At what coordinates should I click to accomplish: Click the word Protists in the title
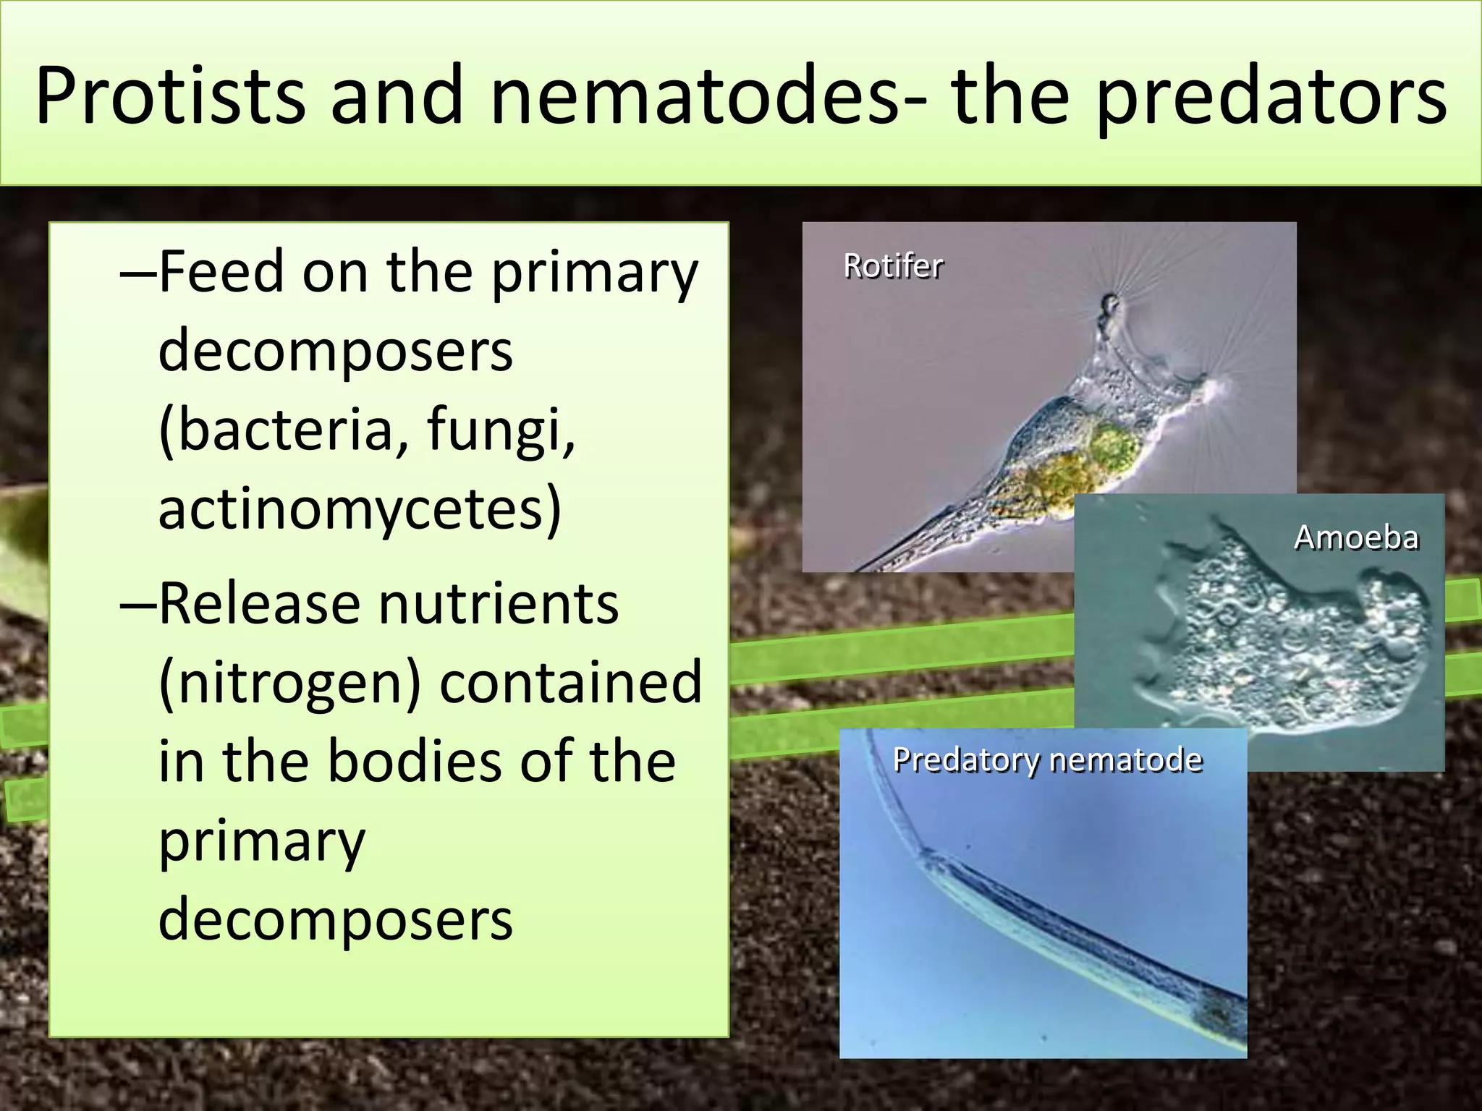(x=170, y=96)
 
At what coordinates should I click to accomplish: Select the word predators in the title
(x=1271, y=96)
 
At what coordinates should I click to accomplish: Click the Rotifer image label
(x=893, y=266)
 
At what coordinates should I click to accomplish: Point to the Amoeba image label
(x=1355, y=537)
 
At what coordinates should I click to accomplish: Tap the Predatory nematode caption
(x=1047, y=760)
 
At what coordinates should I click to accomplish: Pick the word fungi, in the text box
(x=501, y=429)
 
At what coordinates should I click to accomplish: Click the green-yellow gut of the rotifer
(x=1064, y=470)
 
